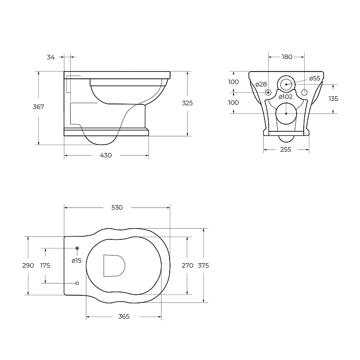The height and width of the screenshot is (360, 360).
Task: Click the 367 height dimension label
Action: (38, 107)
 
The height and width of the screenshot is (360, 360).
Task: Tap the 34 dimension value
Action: (51, 57)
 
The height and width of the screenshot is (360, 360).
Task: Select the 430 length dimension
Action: (106, 155)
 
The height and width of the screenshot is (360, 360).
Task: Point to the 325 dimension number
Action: (187, 103)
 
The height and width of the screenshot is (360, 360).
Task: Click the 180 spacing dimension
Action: (287, 57)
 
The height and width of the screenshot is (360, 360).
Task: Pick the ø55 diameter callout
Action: (315, 78)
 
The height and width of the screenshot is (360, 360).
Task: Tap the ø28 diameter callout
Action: (261, 85)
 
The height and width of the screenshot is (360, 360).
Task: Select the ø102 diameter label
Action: (286, 97)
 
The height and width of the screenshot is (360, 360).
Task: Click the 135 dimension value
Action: (333, 99)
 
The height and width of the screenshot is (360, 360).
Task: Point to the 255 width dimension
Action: (286, 150)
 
